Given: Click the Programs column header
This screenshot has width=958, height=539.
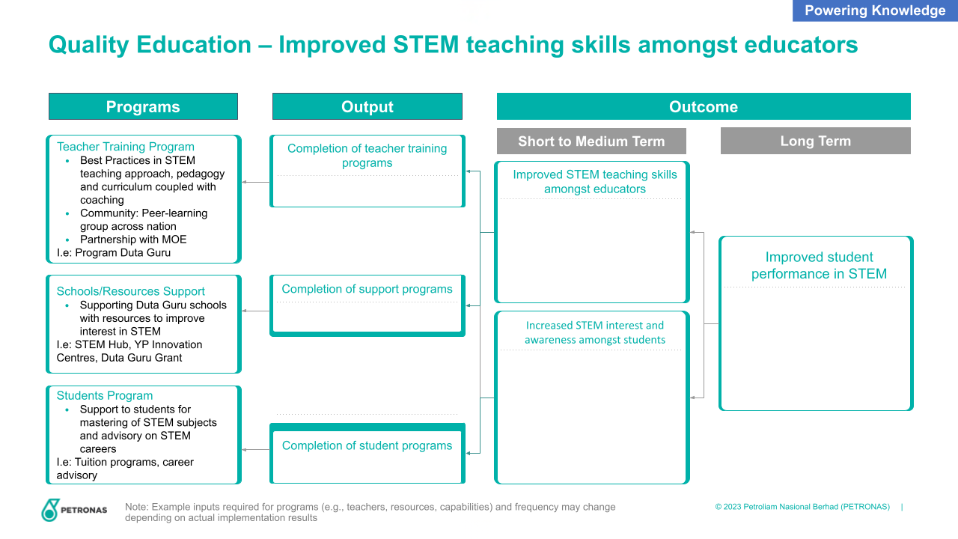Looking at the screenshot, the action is coord(143,106).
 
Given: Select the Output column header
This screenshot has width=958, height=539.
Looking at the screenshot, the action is coord(367,106).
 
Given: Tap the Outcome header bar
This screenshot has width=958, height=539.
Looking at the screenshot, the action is coord(704,106).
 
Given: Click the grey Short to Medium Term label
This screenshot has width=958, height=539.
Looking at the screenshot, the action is coord(591,141).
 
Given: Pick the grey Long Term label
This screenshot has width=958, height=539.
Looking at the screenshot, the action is coord(816,141).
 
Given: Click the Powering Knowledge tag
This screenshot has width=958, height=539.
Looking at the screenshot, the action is coord(875,10).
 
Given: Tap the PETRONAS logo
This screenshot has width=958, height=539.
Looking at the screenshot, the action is coord(74,510).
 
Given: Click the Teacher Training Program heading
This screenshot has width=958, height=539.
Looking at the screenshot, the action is coord(125,147).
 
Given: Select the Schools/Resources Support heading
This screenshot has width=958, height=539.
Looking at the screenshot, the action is coord(130,291).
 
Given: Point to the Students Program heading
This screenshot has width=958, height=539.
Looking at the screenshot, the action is coord(104,396).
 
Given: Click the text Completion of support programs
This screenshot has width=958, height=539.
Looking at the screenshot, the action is coord(367,289).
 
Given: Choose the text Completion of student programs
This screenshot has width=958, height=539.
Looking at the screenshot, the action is coord(367,445).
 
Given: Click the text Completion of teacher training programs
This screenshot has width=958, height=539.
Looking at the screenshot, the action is coord(367,156).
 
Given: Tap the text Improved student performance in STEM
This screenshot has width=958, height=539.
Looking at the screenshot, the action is coord(819,265).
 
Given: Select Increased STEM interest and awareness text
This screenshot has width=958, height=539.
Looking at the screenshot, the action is coord(595,332).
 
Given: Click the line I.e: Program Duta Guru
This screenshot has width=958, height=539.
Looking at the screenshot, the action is coord(113,253).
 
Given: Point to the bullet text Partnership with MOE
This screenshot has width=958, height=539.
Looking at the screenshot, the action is coord(133,240).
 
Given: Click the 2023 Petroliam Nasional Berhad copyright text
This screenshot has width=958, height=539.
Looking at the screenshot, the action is coord(802,507).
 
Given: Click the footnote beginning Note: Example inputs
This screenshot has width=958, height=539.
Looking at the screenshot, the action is coord(370,512).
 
